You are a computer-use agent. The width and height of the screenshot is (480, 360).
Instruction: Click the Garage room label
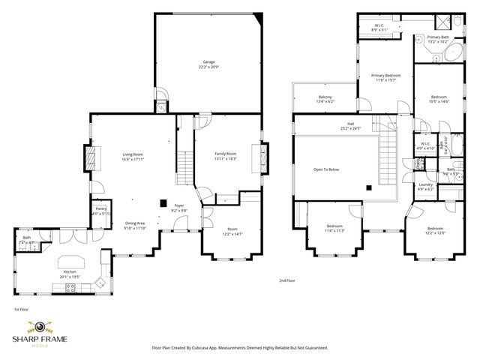(208, 61)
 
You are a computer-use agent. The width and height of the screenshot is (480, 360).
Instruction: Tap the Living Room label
(133, 154)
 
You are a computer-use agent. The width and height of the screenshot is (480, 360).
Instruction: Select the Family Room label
(225, 154)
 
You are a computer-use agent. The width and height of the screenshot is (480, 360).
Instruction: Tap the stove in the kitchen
(100, 283)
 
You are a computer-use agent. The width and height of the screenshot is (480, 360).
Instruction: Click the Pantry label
(100, 210)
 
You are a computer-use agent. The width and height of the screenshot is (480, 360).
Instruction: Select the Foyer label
(178, 205)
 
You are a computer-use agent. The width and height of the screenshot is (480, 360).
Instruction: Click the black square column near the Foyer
(163, 201)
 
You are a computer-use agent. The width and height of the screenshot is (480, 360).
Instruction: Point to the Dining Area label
(135, 223)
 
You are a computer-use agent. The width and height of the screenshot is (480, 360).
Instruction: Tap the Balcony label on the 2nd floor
(325, 97)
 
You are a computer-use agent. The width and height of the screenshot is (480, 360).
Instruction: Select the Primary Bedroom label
(386, 76)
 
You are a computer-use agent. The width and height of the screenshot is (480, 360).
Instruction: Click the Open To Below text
(326, 169)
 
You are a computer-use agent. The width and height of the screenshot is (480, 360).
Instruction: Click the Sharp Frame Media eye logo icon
(38, 328)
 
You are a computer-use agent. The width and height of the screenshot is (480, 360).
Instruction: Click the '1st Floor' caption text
(22, 309)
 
